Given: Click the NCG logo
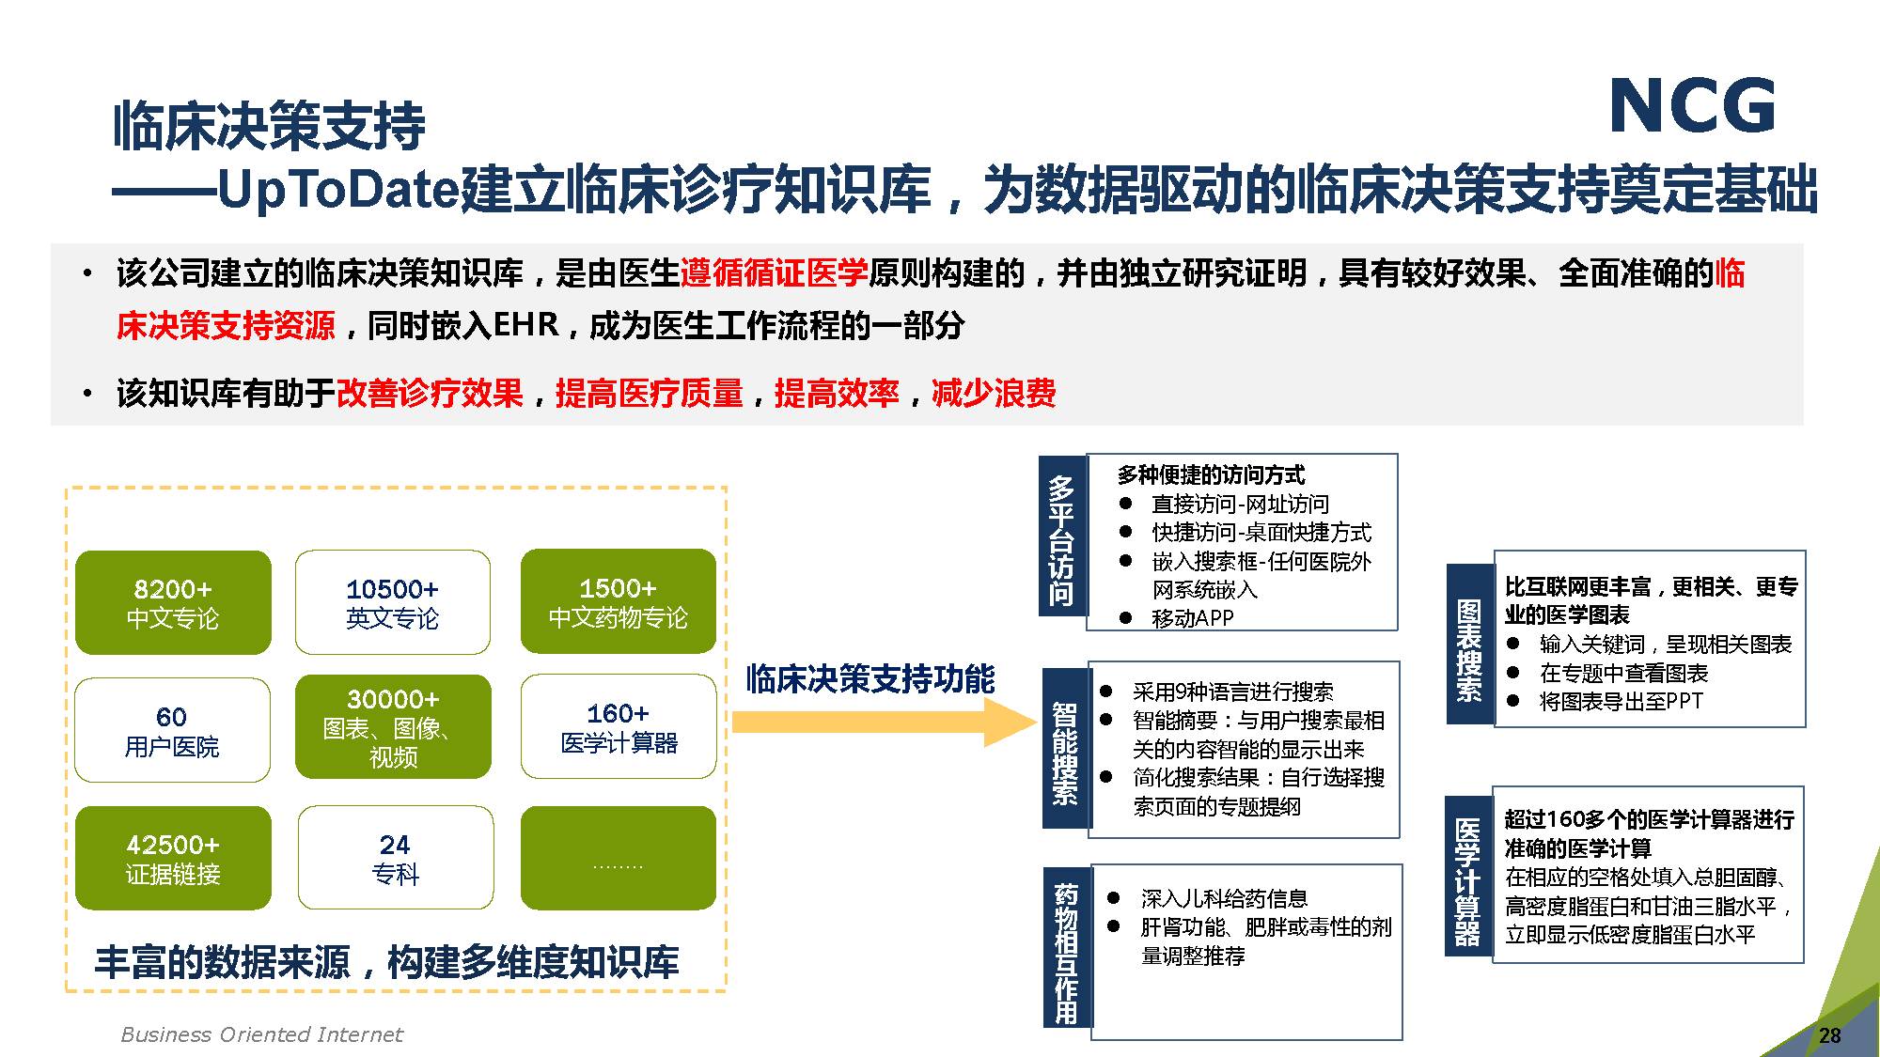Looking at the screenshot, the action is coord(1693,106).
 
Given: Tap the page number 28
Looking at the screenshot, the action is coord(1829,1035).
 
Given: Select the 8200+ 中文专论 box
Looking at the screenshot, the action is coord(173,602).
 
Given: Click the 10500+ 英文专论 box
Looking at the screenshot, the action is coord(393,602).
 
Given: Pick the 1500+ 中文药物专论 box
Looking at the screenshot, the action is coord(619,601).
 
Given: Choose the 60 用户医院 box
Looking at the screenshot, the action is coord(172,730).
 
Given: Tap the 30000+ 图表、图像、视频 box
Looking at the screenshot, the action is coord(393,726).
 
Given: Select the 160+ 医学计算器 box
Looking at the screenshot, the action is coord(619,726).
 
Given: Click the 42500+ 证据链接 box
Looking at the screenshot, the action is coord(173,858).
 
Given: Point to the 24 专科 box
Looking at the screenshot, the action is coord(396,858).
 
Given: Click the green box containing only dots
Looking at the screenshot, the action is coord(619,858).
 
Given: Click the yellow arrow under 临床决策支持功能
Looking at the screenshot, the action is coord(885,722).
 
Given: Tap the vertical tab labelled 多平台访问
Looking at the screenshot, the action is coord(1062,536).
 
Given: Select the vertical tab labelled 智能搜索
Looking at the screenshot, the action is coord(1065,748).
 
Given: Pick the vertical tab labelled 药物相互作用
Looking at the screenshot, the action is coord(1067,947).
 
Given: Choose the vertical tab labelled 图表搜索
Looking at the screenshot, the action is coord(1469,644).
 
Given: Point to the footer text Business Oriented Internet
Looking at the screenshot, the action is coord(261,1034).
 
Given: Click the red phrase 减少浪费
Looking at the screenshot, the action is coord(994,393).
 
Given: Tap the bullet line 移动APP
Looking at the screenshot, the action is coord(1177,618).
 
